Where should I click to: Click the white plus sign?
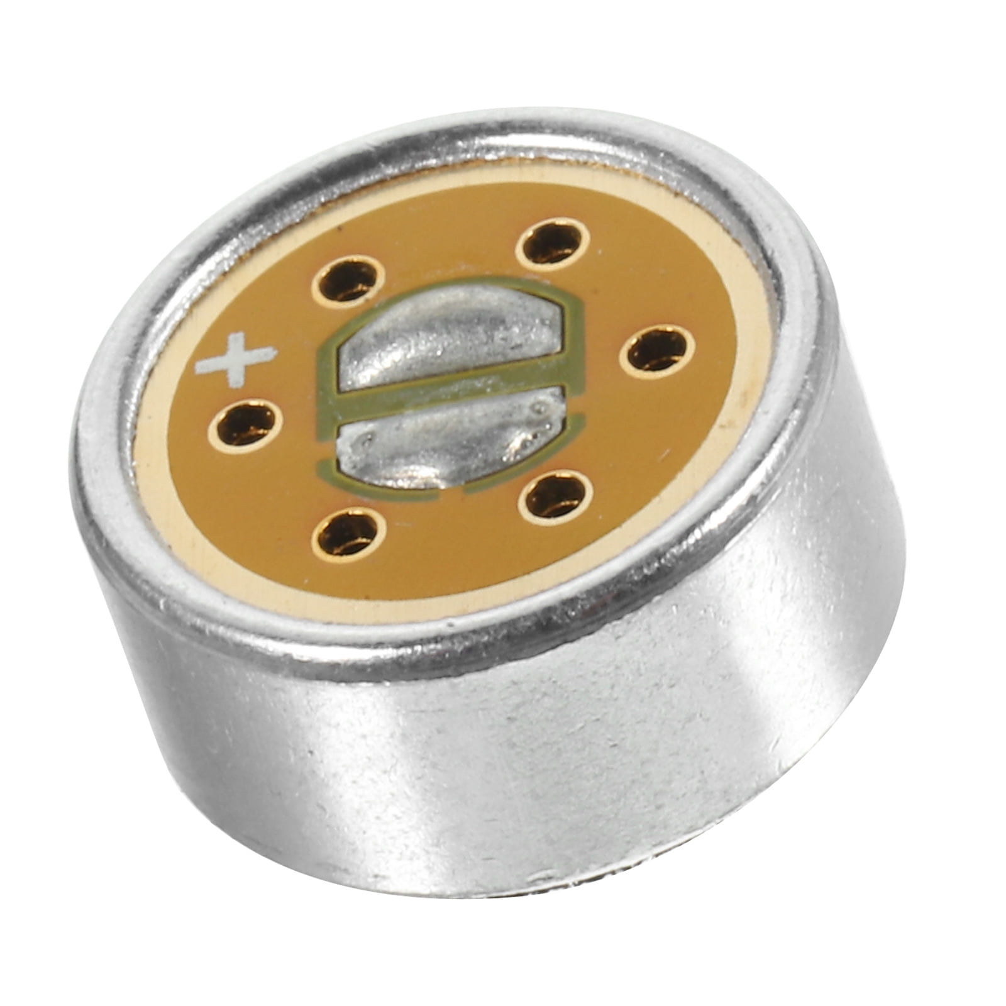(x=236, y=359)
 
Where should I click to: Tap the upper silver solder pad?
(x=453, y=340)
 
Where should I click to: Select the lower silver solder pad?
(x=450, y=440)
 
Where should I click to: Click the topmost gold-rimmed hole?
(x=553, y=242)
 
